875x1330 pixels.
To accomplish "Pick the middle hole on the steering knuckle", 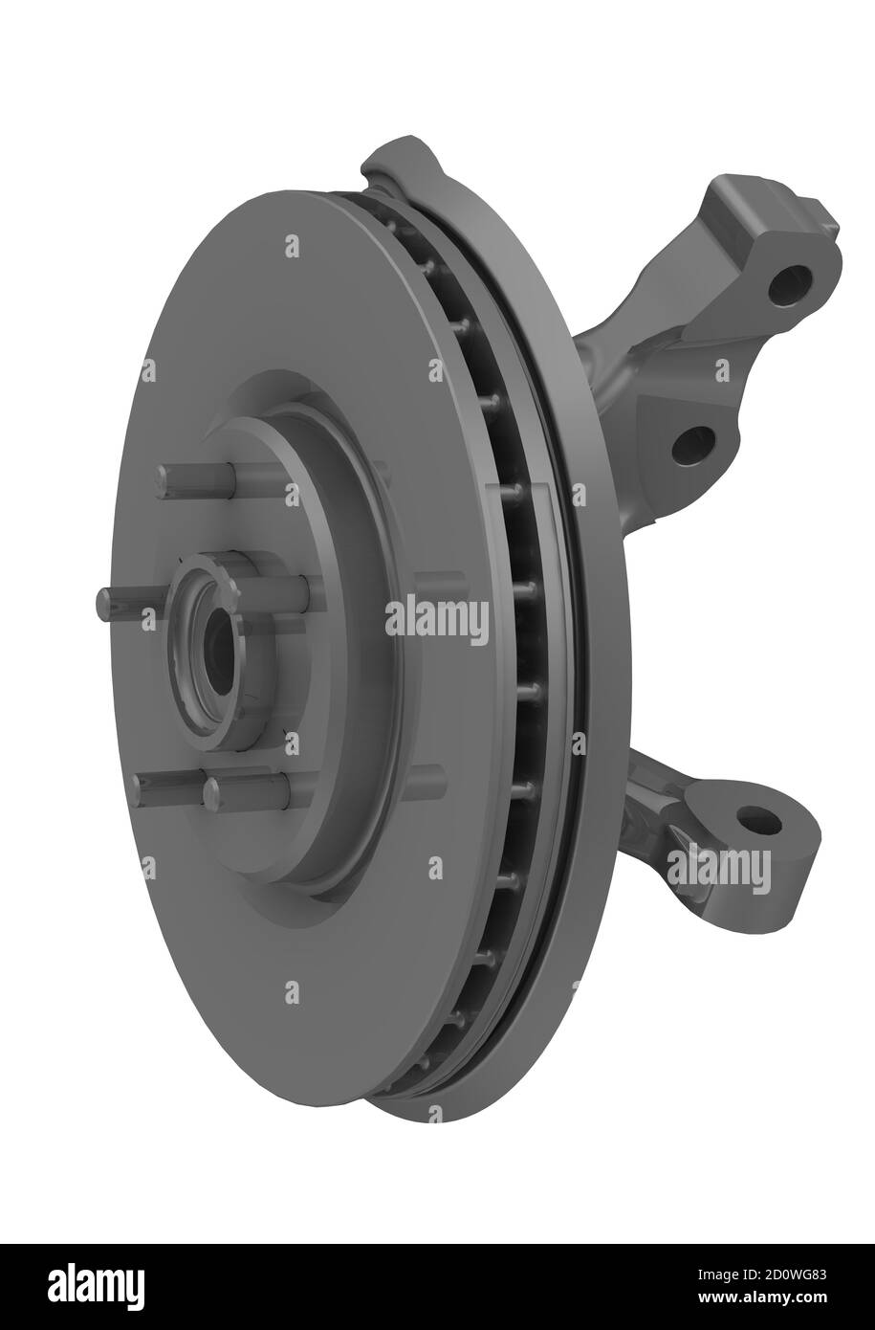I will coord(693,445).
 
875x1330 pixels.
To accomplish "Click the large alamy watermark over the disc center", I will coord(437,622).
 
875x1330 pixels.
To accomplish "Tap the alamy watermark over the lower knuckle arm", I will coord(717,868).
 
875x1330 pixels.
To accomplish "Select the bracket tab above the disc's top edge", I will coord(402,163).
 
